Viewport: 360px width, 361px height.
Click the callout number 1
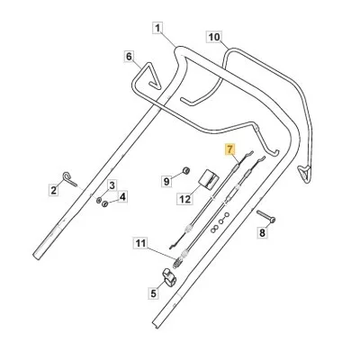click(158, 28)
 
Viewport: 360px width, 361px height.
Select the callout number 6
click(129, 57)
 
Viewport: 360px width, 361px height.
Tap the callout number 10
click(214, 37)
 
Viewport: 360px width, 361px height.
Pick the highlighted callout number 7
click(230, 149)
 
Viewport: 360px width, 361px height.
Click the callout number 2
click(54, 190)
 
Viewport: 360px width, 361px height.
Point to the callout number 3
click(112, 185)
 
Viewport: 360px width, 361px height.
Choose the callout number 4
click(122, 197)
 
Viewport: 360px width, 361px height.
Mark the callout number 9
click(166, 181)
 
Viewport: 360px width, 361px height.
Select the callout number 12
click(185, 199)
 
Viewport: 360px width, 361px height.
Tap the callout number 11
click(140, 243)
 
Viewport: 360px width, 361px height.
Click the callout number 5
click(154, 293)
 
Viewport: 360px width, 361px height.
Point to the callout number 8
click(263, 233)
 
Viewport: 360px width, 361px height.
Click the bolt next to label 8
click(266, 216)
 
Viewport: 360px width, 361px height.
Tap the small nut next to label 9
click(186, 171)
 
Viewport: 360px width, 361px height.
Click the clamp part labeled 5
click(168, 277)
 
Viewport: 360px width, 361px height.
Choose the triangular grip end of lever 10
click(305, 172)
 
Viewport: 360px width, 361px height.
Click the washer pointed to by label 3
click(99, 200)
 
